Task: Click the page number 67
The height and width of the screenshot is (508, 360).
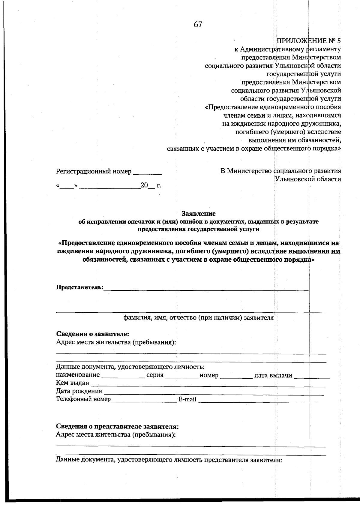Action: [198, 25]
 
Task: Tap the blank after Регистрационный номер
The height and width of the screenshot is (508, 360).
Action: [148, 172]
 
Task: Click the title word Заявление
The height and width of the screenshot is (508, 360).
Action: [199, 214]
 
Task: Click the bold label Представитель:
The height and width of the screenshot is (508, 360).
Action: [80, 287]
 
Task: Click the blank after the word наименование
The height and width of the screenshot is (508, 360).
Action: [123, 376]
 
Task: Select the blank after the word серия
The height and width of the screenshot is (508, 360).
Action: [181, 376]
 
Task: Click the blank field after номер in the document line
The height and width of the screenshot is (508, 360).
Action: [236, 376]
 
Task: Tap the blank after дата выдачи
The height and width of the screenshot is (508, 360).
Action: [312, 376]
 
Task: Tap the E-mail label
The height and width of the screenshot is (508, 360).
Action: [187, 399]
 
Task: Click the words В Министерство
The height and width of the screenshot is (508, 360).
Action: [246, 171]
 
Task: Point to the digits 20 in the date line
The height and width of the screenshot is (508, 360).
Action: [144, 185]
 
